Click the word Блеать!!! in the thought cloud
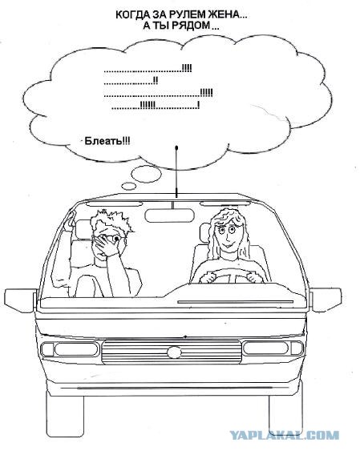tap(107, 141)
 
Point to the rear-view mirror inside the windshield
tap(169, 215)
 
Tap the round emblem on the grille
tap(174, 352)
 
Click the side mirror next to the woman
tap(326, 300)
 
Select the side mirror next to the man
tap(20, 300)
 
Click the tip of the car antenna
tap(176, 147)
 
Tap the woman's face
tap(226, 236)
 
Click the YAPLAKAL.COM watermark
tap(284, 435)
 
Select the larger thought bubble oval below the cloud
tap(146, 173)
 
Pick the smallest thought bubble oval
tap(128, 186)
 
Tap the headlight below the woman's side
tap(273, 348)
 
